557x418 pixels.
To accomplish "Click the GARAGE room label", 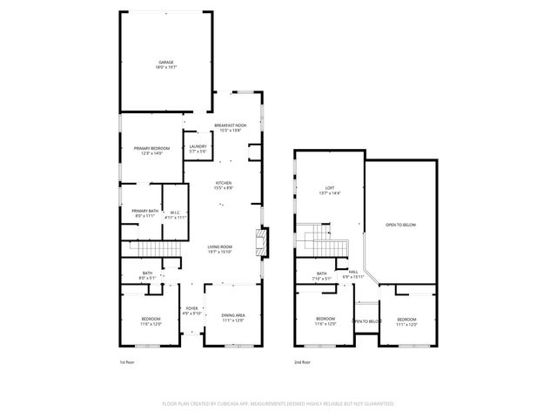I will tap(166, 64).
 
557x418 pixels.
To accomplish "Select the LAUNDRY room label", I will tap(197, 148).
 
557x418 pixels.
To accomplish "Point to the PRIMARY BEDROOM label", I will tap(151, 151).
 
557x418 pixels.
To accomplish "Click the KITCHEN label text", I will tap(224, 185).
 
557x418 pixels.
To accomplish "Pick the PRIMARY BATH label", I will tap(145, 212).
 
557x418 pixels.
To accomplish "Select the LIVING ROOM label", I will tap(219, 249).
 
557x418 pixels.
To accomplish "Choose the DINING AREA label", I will tap(232, 318).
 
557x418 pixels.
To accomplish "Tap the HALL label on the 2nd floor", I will tap(353, 273).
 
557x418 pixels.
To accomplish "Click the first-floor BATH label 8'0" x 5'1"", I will tap(148, 276).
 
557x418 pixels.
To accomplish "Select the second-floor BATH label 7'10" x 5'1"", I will tap(322, 276).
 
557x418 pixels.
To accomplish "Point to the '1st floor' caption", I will tap(128, 361).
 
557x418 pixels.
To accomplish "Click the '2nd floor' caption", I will tap(302, 361).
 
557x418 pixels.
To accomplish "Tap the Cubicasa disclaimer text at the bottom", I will tap(278, 404).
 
